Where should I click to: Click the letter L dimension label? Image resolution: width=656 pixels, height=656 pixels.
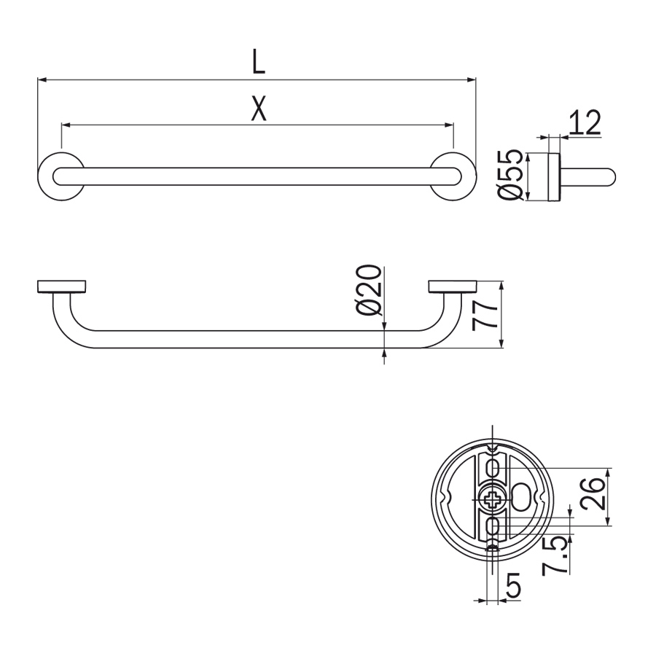259,62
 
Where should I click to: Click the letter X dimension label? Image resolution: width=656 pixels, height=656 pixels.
259,109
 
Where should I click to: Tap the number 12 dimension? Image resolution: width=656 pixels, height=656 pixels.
585,122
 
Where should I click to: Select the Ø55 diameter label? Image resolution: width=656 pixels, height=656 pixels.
510,175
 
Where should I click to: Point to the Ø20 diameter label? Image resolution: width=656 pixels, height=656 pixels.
369,290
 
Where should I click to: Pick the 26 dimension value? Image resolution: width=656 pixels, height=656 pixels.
593,493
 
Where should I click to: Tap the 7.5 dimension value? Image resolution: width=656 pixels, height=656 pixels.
555,556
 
